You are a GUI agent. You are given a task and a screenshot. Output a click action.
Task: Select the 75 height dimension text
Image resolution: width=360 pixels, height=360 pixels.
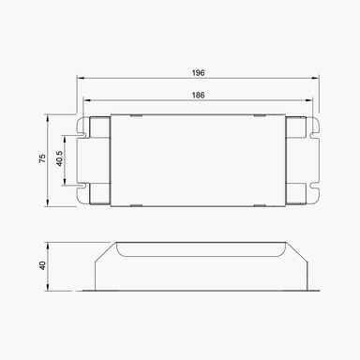pyautogui.click(x=41, y=160)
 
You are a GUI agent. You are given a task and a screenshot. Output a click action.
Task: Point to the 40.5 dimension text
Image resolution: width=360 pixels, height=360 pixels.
pyautogui.click(x=60, y=160)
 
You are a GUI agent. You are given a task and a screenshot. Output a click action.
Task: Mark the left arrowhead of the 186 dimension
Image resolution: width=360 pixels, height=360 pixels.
pyautogui.click(x=85, y=100)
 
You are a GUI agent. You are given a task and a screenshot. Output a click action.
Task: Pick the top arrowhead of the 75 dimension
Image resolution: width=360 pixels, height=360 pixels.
pyautogui.click(x=50, y=117)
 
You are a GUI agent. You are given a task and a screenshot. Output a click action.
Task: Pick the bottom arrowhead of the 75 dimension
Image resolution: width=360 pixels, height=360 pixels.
pyautogui.click(x=50, y=204)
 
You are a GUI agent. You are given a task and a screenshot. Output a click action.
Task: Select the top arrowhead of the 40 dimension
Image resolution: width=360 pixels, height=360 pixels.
pyautogui.click(x=50, y=244)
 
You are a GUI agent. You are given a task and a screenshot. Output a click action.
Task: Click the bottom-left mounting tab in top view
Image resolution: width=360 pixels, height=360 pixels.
pyautogui.click(x=97, y=196)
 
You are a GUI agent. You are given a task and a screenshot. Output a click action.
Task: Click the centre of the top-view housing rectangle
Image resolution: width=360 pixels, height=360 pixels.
pyautogui.click(x=199, y=160)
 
